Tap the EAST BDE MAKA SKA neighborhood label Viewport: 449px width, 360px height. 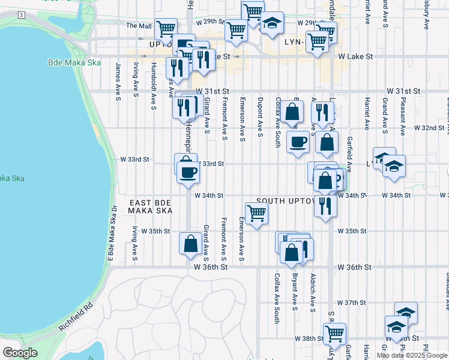[x=151, y=207]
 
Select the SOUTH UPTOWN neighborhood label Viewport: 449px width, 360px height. [x=286, y=200]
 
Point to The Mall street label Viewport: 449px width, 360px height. [x=139, y=26]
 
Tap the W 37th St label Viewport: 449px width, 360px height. [x=352, y=302]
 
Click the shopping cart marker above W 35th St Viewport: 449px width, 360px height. [x=256, y=213]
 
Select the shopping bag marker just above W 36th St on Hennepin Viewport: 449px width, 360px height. [x=190, y=244]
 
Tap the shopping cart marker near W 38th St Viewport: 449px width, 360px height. [x=334, y=333]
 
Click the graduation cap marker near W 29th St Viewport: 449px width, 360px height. [x=272, y=23]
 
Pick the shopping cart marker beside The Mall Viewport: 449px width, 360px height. [x=165, y=28]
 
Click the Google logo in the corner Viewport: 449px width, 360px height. [x=20, y=353]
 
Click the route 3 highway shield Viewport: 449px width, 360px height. [x=21, y=14]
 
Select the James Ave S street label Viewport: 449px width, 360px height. [x=118, y=82]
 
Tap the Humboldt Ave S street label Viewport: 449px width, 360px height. [x=154, y=86]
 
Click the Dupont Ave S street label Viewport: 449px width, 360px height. [x=260, y=117]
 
